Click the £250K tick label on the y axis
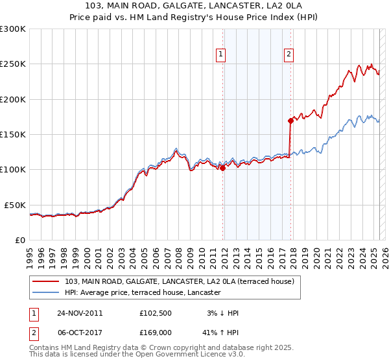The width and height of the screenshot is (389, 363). click(x=13, y=64)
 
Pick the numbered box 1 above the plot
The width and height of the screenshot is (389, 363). click(x=222, y=54)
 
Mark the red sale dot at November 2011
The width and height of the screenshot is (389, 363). click(x=223, y=168)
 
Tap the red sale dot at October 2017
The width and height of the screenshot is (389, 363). click(x=290, y=121)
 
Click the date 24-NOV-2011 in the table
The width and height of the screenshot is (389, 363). click(x=80, y=313)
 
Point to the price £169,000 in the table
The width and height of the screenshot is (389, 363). click(x=156, y=333)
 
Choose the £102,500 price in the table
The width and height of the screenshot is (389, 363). click(x=156, y=313)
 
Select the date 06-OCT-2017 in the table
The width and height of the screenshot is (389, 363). click(x=80, y=333)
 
